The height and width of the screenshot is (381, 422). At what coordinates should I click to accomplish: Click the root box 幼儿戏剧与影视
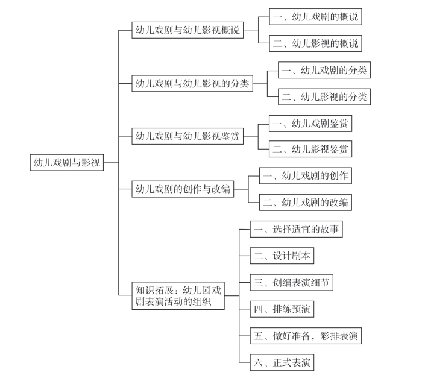(x=67, y=163)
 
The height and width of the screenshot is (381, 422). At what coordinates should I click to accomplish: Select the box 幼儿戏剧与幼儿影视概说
(x=187, y=30)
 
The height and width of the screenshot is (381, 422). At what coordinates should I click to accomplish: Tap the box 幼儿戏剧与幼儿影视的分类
(x=192, y=83)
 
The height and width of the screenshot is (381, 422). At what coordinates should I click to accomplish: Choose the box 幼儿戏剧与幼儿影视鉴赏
(x=187, y=136)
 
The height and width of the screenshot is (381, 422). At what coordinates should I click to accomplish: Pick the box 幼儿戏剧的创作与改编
(x=183, y=189)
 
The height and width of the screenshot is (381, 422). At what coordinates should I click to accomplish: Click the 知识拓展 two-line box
(x=178, y=296)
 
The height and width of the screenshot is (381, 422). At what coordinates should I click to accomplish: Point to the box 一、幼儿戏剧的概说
(x=315, y=17)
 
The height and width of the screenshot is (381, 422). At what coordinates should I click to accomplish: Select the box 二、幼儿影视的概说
(x=315, y=43)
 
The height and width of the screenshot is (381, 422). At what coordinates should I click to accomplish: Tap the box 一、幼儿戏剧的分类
(x=324, y=70)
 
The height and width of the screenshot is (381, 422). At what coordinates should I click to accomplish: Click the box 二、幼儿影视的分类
(x=324, y=96)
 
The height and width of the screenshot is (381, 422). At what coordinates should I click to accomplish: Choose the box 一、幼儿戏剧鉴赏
(x=310, y=124)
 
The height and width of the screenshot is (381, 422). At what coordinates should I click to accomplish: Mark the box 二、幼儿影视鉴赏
(x=310, y=149)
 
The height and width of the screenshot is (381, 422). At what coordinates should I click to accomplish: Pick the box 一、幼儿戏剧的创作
(x=306, y=175)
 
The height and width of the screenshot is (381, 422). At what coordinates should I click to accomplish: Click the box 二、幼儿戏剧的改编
(x=306, y=203)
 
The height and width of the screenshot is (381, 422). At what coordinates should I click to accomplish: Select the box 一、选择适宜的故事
(x=297, y=229)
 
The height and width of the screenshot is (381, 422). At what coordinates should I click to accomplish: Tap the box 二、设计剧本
(x=282, y=256)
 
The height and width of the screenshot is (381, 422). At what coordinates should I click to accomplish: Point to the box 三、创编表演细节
(x=292, y=283)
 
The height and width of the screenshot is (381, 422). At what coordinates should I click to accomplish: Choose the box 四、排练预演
(x=282, y=309)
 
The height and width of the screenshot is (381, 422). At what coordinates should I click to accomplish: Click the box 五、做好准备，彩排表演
(x=306, y=336)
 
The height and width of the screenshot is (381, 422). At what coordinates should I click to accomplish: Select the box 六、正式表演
(x=282, y=362)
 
